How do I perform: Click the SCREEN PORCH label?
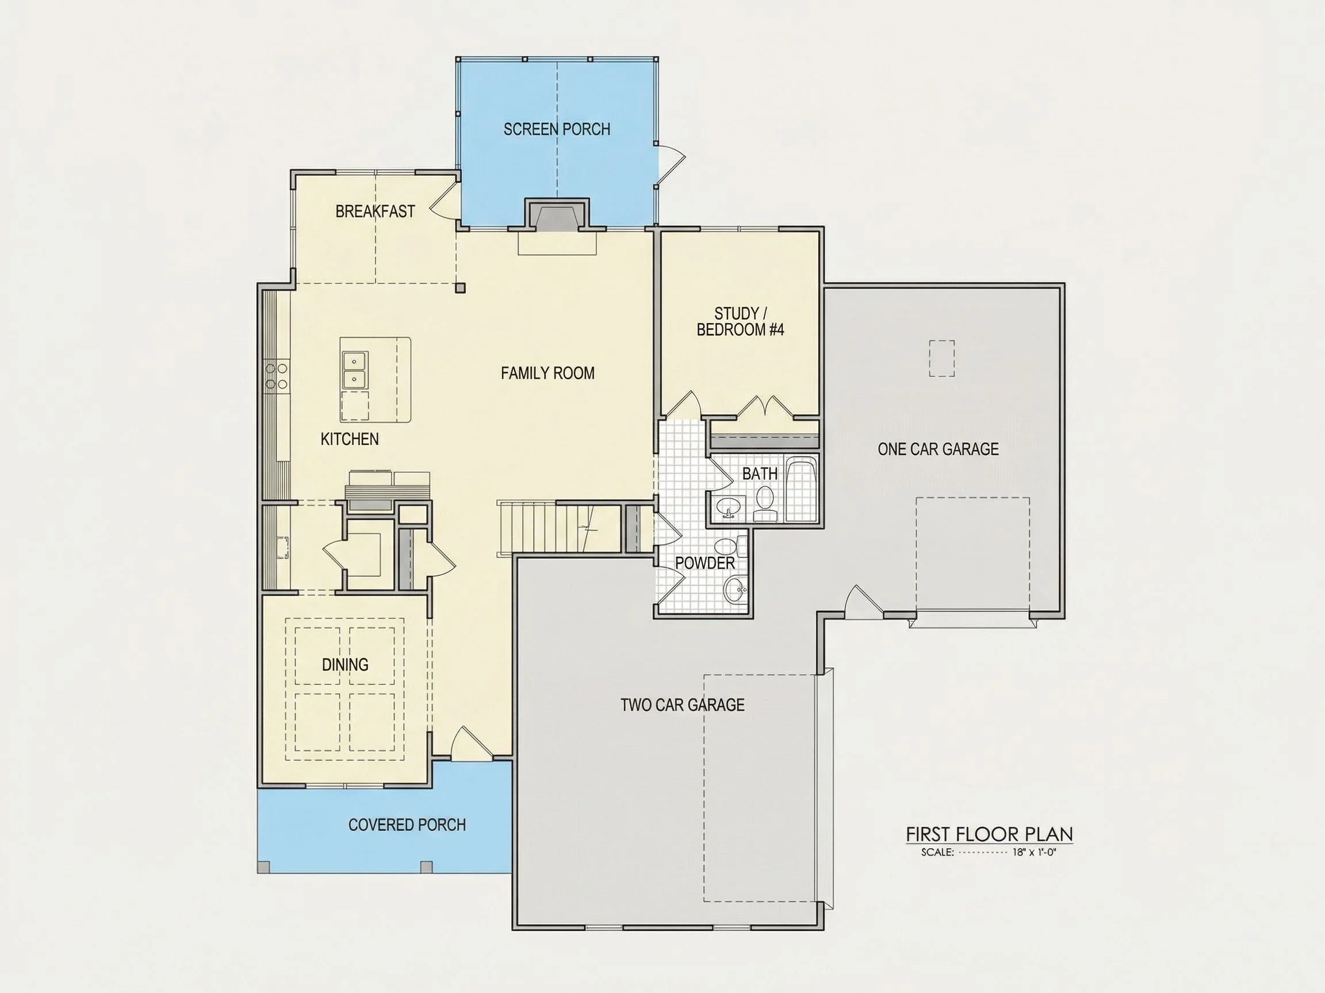click(557, 129)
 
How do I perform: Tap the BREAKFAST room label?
click(375, 211)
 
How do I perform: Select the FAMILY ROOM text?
click(547, 374)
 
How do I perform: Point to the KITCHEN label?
click(349, 440)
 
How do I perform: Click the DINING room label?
click(345, 664)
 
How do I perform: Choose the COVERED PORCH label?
click(407, 825)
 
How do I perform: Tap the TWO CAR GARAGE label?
click(682, 705)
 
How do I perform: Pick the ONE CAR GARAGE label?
click(938, 449)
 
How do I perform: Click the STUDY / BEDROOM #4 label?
click(740, 321)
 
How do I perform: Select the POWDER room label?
click(705, 563)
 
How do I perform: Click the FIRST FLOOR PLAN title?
click(989, 834)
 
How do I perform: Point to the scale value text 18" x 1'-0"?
click(1034, 852)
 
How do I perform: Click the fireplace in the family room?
click(557, 215)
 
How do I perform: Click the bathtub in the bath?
click(801, 490)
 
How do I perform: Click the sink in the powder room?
click(736, 590)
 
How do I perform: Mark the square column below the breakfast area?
click(460, 288)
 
